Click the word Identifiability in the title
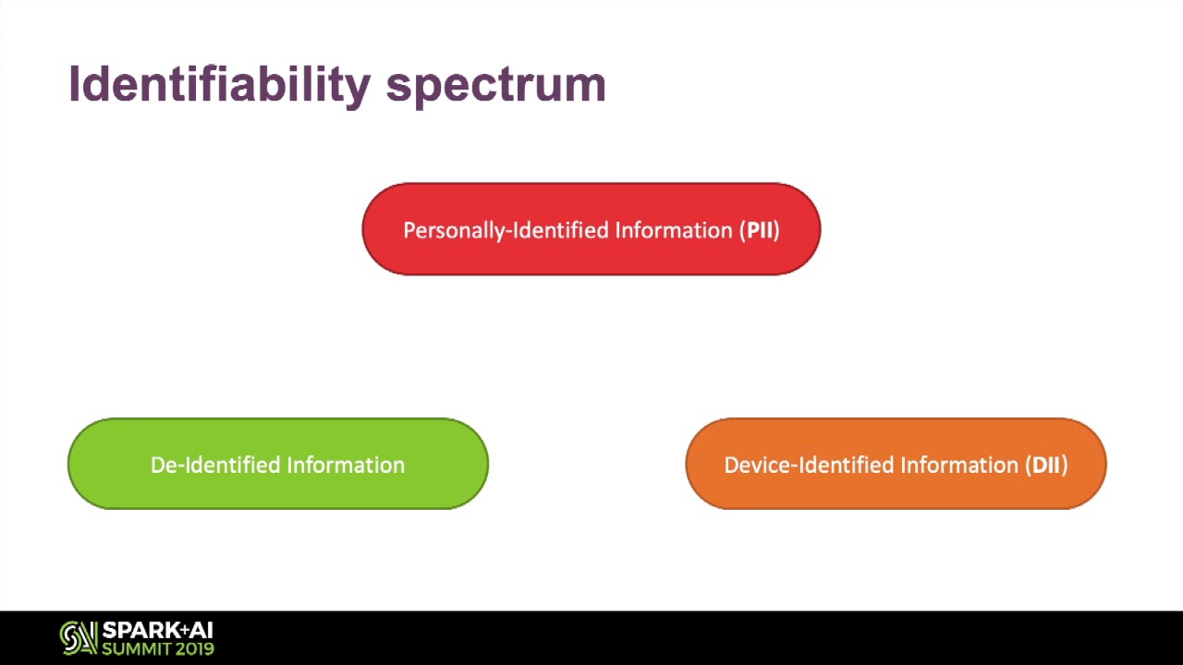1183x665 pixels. tap(220, 84)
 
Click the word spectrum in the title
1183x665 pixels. tap(496, 87)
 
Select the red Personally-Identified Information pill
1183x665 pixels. tap(591, 229)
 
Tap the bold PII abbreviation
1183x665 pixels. tap(760, 230)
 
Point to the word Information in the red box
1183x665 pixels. tap(674, 230)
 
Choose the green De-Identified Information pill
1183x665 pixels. tap(278, 464)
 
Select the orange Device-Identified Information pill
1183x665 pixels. tap(896, 464)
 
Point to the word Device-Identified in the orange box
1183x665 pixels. tap(809, 465)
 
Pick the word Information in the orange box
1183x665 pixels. tap(959, 465)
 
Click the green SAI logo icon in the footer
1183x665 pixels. tap(79, 638)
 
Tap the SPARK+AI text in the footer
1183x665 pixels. tap(157, 630)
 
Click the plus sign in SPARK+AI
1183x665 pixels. tap(184, 628)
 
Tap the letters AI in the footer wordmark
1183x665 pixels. tap(201, 630)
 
